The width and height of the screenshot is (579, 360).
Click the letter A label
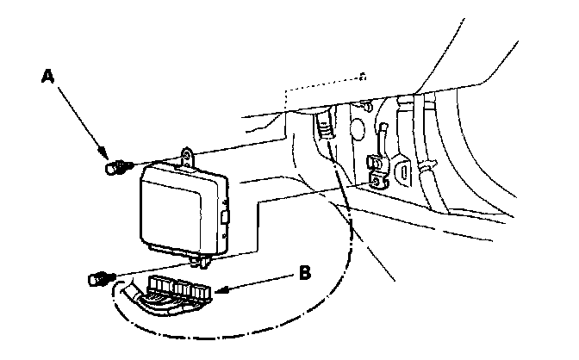coord(50,77)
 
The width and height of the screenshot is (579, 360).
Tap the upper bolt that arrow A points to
coord(113,168)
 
